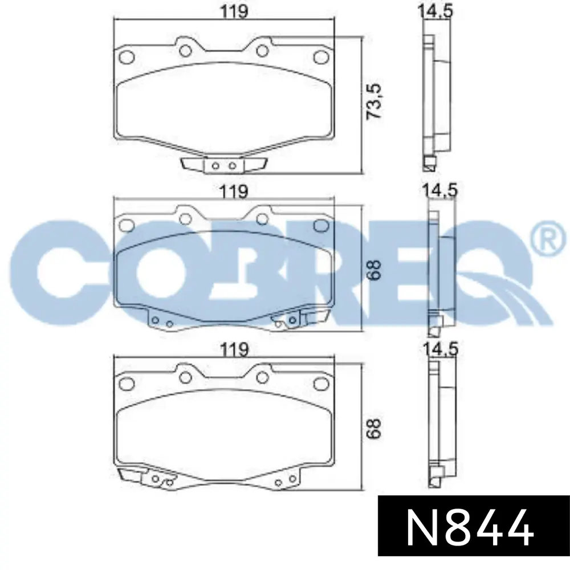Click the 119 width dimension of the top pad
pyautogui.click(x=234, y=11)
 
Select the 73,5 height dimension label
pyautogui.click(x=373, y=101)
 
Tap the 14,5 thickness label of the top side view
pyautogui.click(x=435, y=11)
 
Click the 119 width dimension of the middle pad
pyautogui.click(x=234, y=191)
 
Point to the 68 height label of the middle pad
pyautogui.click(x=374, y=270)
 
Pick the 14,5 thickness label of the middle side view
pyautogui.click(x=439, y=190)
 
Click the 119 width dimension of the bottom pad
pyautogui.click(x=234, y=350)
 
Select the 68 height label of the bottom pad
pyautogui.click(x=374, y=429)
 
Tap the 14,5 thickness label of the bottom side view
pyautogui.click(x=440, y=349)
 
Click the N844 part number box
pyautogui.click(x=474, y=526)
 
